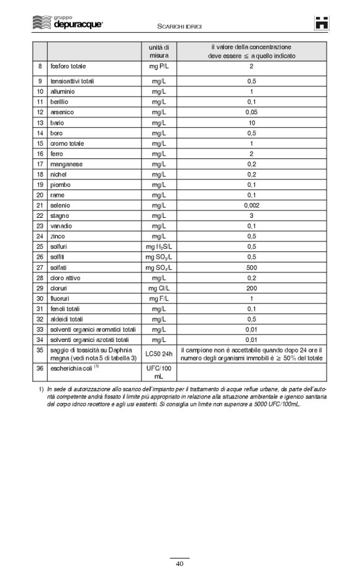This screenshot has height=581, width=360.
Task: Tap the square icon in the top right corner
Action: pyautogui.click(x=322, y=23)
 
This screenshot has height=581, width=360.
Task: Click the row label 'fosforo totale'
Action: pyautogui.click(x=69, y=66)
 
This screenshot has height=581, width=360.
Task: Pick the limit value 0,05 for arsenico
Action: pyautogui.click(x=252, y=112)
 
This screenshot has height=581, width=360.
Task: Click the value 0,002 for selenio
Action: pyautogui.click(x=252, y=205)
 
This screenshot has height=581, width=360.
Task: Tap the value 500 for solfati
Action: pyautogui.click(x=252, y=268)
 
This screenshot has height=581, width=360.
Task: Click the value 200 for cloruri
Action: pyautogui.click(x=252, y=289)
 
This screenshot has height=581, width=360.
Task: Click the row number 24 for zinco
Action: pyautogui.click(x=39, y=236)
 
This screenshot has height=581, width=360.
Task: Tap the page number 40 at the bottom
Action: pyautogui.click(x=179, y=564)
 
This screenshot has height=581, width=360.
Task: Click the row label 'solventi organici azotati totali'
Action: pyautogui.click(x=89, y=340)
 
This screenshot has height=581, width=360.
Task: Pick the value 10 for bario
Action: pyautogui.click(x=252, y=123)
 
